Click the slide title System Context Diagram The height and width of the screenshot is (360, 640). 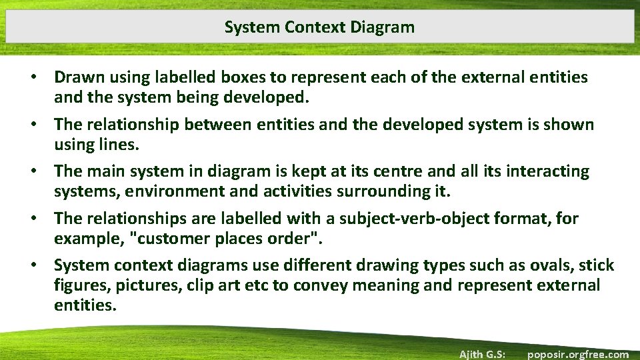coord(319,27)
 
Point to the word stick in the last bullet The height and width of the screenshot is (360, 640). coord(597,265)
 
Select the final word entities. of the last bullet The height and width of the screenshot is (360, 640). coord(85,306)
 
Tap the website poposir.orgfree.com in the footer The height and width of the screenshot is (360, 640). coord(577,354)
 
